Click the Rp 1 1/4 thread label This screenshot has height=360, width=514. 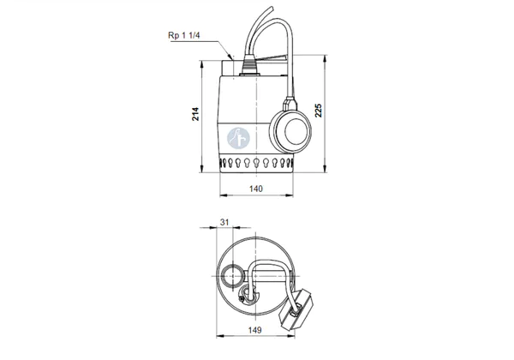pos(183,35)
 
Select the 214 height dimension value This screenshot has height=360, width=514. pos(195,114)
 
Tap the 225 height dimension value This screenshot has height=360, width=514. pos(319,111)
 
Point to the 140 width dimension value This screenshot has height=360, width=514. pos(256,189)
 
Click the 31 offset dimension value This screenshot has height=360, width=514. pos(224,222)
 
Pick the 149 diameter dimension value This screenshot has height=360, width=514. pos(255,330)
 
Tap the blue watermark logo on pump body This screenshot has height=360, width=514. pos(239,138)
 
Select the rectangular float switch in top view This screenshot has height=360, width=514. pos(296,310)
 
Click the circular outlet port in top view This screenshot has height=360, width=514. pos(232,276)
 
